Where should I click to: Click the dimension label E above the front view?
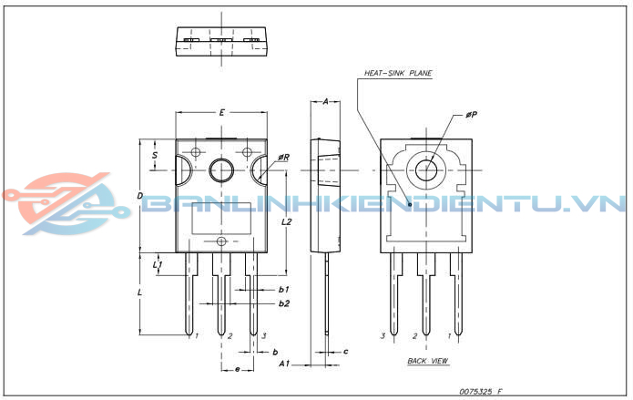coord(222,112)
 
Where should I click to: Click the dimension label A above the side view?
coord(326,101)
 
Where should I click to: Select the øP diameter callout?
coord(471,115)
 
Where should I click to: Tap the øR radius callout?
coord(284,157)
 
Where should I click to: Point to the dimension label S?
coord(155,155)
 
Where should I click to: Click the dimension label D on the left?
coord(139,196)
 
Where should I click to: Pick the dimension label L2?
coord(287,221)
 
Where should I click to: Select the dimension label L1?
coord(158,265)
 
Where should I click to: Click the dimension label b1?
coord(284,289)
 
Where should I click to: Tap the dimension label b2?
coord(284,303)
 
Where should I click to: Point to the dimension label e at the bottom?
coord(237,369)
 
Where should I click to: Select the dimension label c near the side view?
coord(346,351)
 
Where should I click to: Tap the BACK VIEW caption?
coord(427,362)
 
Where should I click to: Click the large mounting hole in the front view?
coord(222,169)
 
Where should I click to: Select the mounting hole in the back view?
coord(426,169)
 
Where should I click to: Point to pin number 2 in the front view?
coord(230,336)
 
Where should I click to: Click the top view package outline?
coord(223,40)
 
